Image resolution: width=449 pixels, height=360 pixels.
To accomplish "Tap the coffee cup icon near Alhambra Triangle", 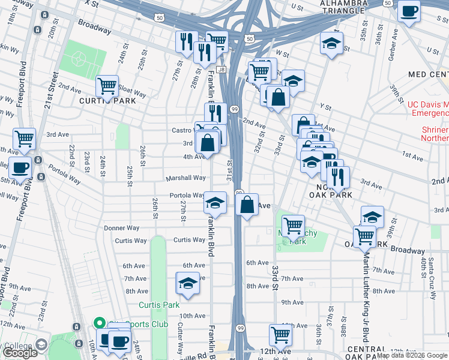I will (x=409, y=12).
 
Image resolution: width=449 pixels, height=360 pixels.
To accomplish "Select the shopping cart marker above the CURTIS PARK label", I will (x=107, y=85).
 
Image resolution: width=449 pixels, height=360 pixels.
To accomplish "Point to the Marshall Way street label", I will (x=187, y=178).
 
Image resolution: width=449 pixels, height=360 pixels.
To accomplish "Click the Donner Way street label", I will (x=122, y=228).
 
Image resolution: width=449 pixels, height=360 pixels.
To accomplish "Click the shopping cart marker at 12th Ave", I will (x=280, y=334).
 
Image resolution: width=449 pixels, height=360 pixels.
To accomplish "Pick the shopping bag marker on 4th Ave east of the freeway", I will (x=247, y=205).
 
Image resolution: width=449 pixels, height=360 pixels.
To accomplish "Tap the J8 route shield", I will (x=221, y=70).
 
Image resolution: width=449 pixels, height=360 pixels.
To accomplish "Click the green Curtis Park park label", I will (x=158, y=305).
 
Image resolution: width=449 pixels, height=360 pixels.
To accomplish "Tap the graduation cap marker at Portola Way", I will (x=215, y=202).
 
